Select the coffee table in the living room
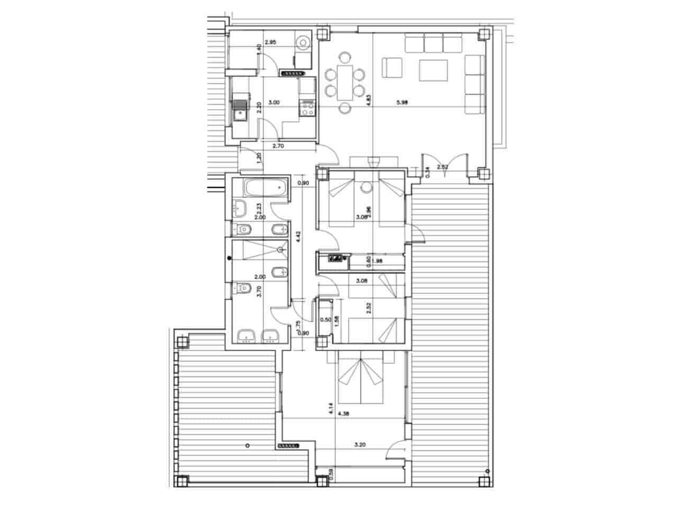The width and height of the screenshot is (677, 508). click(433, 70)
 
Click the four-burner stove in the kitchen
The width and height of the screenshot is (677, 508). click(307, 110)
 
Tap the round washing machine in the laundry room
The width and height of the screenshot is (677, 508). click(303, 41)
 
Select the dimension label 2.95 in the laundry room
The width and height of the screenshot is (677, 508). click(271, 42)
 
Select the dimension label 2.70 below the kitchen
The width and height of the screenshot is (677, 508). click(279, 146)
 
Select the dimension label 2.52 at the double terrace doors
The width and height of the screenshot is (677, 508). click(443, 168)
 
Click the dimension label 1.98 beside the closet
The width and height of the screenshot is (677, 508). click(378, 260)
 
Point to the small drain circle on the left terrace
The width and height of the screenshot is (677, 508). click(247, 446)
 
